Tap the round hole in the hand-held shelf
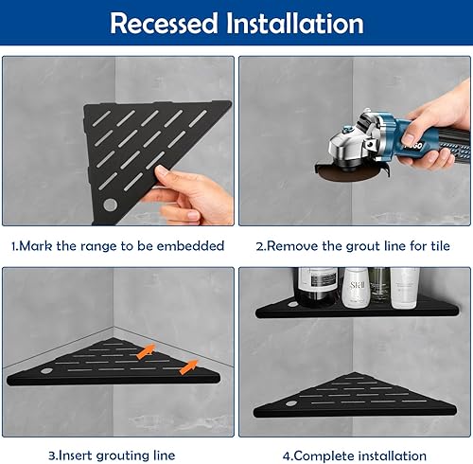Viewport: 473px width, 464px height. (110, 205)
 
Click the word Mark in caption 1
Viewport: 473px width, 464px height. (42, 246)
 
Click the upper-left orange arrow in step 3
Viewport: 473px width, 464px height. (146, 351)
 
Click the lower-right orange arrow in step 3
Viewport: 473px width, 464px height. (188, 366)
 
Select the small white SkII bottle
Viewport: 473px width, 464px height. (355, 288)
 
